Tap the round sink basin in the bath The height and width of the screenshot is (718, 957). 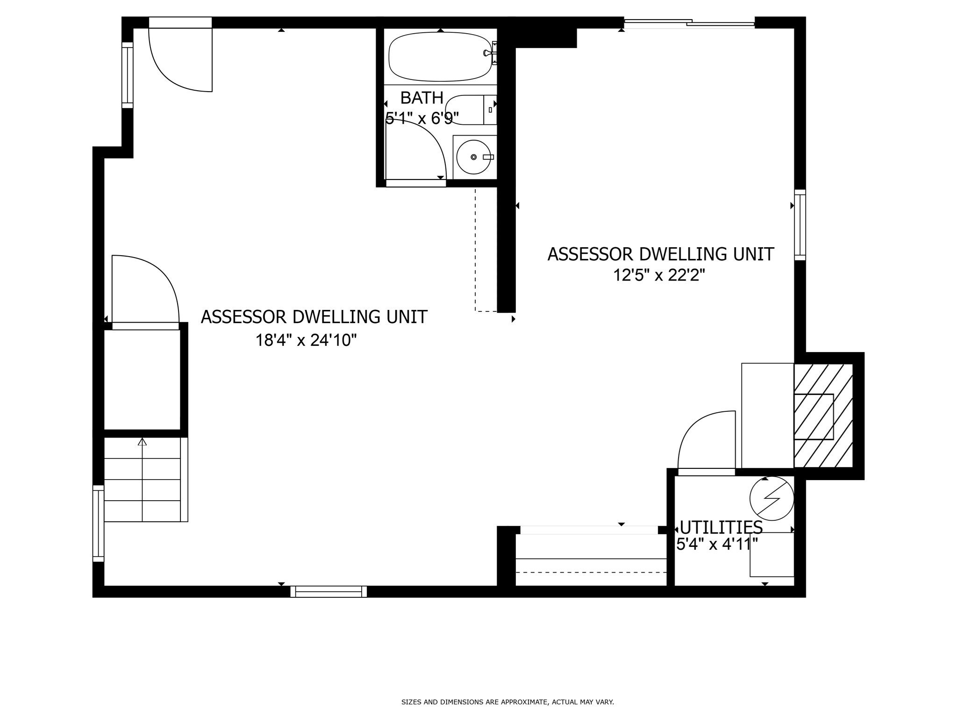coord(473,157)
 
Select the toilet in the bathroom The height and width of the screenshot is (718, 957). coord(471,110)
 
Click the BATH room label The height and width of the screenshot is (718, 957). coord(422,98)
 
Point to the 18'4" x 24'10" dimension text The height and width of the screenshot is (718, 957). coord(306,340)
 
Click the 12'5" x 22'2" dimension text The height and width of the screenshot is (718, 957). coord(659,275)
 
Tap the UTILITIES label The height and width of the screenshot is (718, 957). coord(721,527)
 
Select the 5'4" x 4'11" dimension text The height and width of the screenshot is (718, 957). coord(717,544)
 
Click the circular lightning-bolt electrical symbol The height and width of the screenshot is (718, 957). coord(771,498)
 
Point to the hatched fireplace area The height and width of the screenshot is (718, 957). coord(823,416)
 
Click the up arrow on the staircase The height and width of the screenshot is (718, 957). coord(143,442)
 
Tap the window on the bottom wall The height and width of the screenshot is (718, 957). coord(329,592)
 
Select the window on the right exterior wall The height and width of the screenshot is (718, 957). coord(800,225)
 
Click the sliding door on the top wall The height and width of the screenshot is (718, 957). coord(689,22)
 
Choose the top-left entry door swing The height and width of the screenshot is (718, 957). coord(180,60)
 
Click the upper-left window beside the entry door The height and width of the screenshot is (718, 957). coord(128,75)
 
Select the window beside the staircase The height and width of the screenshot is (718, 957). coord(98,524)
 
